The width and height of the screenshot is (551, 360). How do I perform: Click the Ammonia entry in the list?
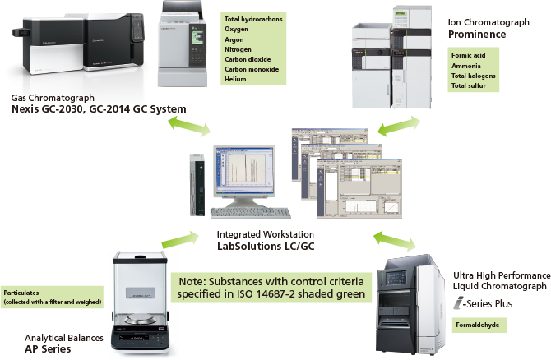pyautogui.click(x=466, y=65)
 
